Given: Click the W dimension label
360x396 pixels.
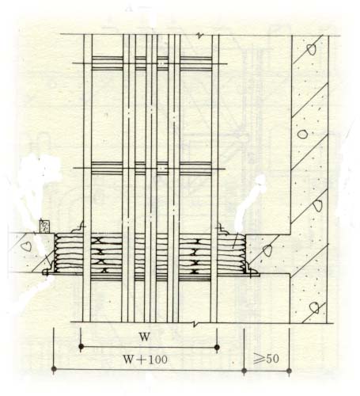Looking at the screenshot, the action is coord(145,337).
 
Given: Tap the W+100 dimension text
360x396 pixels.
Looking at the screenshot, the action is coord(146,360).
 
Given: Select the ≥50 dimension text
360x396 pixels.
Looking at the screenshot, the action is coord(266,359).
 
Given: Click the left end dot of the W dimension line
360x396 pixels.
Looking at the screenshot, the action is coord(81,346).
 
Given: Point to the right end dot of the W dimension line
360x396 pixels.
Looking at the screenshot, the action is coord(217,347).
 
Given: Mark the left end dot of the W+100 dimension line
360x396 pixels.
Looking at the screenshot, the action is coord(54,369).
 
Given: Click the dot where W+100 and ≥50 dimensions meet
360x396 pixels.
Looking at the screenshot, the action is coord(244,371).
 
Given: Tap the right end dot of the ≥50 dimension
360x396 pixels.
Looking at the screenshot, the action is coord(289,371).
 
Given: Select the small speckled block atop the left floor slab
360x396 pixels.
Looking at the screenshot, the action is coord(44,226).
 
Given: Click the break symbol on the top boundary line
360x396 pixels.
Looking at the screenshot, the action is coord(199,36).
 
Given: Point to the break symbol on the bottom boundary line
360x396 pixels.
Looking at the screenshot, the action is coord(195,324).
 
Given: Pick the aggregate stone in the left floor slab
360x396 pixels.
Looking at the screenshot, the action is coord(26,246).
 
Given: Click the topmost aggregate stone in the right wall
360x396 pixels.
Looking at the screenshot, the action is coord(311,49).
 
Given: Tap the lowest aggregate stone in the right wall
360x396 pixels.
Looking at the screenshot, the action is coord(314,308).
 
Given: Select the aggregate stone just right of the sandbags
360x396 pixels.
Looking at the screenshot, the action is coord(267,250).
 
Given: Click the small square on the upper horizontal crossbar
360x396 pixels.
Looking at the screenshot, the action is coord(161,63).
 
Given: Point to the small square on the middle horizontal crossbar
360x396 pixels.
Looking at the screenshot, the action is coord(161,168).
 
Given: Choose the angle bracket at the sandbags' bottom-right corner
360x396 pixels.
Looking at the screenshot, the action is coord(252,271).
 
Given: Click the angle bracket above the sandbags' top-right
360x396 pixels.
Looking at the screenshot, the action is coord(222,228).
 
